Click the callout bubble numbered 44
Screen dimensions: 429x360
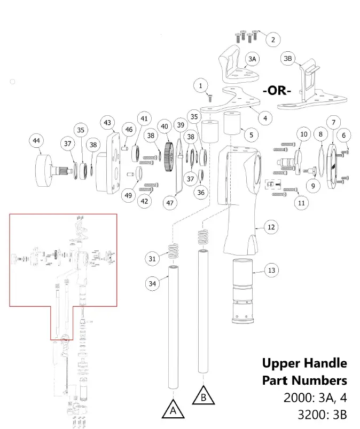tap(36, 141)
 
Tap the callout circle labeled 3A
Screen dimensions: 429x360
tap(252, 58)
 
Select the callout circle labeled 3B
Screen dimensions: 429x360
tap(288, 58)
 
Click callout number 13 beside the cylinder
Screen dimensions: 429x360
tap(271, 271)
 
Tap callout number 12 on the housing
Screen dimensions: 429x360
tap(271, 227)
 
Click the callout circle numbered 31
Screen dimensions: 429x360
tap(153, 259)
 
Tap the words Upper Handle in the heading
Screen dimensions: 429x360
tap(304, 363)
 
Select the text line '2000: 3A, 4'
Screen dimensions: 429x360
tap(315, 398)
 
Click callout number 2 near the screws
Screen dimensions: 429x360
tap(272, 39)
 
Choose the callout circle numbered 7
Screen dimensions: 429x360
tap(333, 123)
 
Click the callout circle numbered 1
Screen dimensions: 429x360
tap(201, 85)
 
